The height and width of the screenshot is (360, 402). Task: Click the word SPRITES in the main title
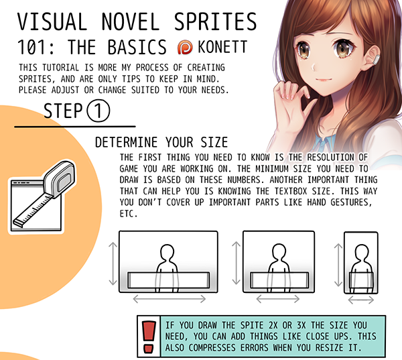click(x=215, y=21)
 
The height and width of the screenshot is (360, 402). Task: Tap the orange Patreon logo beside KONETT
click(x=185, y=47)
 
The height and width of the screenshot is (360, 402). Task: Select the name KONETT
click(x=222, y=47)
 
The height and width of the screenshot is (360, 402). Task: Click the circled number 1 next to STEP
click(x=98, y=111)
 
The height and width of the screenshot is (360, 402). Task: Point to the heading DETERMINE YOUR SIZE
click(x=161, y=142)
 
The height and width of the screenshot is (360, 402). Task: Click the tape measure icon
click(x=46, y=194)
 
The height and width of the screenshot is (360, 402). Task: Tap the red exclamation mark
click(x=149, y=337)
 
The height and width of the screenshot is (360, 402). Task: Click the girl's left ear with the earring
click(x=373, y=56)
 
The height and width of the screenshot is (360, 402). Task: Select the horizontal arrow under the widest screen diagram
click(x=170, y=299)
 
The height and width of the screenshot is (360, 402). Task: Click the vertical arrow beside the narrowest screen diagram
click(x=338, y=265)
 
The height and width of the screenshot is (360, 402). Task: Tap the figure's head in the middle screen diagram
click(x=279, y=251)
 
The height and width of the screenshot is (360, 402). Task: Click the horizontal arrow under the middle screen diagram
click(x=278, y=299)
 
